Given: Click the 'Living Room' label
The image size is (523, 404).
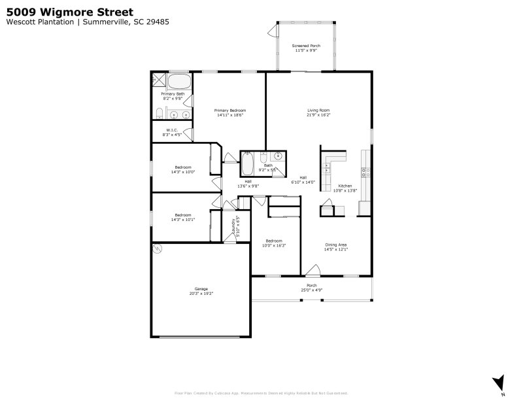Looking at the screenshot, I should [x=318, y=110].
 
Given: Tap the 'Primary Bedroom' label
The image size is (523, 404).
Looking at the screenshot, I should [x=229, y=110].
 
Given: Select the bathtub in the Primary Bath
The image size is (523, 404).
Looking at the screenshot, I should [x=179, y=82].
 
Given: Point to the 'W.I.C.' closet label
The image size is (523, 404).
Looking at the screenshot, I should [x=172, y=130].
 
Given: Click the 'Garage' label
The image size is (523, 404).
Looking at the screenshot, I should [x=201, y=288].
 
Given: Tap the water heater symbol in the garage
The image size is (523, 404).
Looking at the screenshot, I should [x=157, y=248].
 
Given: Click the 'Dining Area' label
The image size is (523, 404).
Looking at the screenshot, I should [x=337, y=244].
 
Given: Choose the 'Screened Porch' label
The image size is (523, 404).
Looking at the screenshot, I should [x=305, y=46].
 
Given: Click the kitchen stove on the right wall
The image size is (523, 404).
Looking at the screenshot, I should [x=365, y=173].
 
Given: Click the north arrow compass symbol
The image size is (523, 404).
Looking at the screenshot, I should [x=500, y=383].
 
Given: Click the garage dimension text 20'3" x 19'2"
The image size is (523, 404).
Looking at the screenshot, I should [x=201, y=294].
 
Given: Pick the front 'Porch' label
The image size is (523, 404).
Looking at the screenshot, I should [x=312, y=285].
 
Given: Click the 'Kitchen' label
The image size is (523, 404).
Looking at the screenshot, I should [x=345, y=186].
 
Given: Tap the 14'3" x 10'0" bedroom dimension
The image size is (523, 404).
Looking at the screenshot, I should [x=182, y=172].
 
